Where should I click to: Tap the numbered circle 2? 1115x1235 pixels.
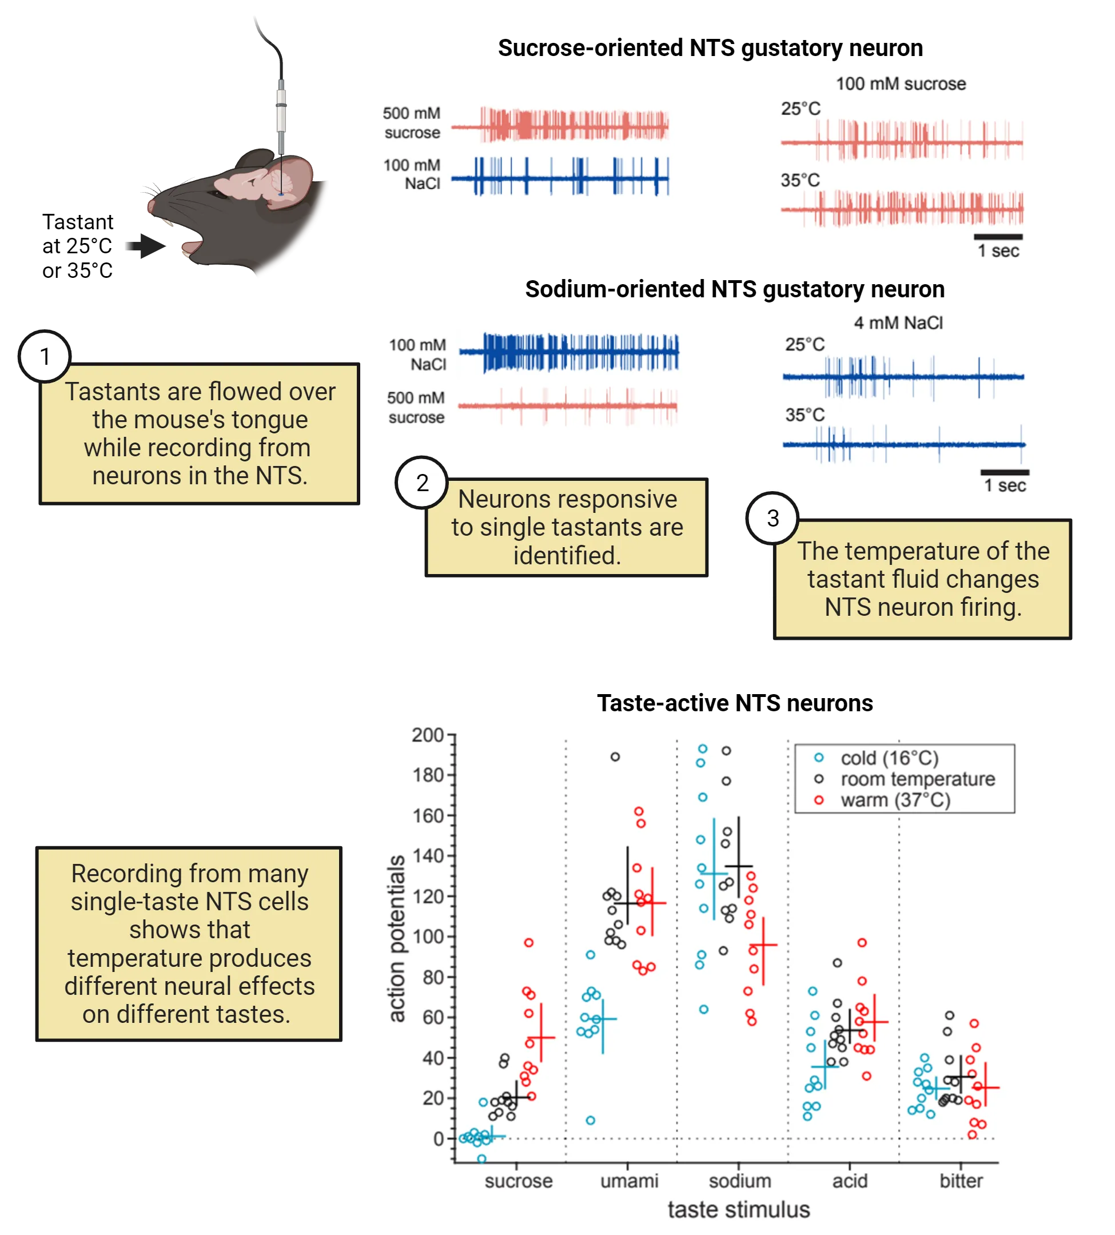[422, 483]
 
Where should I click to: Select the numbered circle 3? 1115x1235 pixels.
[772, 518]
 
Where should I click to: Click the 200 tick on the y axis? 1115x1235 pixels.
[428, 735]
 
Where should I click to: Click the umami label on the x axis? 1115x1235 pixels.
[628, 1181]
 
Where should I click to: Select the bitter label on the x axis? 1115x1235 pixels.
[961, 1181]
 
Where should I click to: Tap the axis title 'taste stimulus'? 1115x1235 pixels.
[738, 1209]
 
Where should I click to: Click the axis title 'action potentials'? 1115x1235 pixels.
[397, 938]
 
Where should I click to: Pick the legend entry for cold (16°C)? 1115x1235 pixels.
[889, 758]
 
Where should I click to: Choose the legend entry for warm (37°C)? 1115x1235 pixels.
[895, 800]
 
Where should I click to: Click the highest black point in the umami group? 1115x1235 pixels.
[615, 756]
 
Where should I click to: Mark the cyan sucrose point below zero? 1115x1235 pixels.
[481, 1158]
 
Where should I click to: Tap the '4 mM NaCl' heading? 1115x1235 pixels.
[898, 323]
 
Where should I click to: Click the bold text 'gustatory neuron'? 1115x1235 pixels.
[855, 289]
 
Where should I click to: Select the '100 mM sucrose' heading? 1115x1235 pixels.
[901, 84]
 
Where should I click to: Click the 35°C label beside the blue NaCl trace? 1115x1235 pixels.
[805, 415]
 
